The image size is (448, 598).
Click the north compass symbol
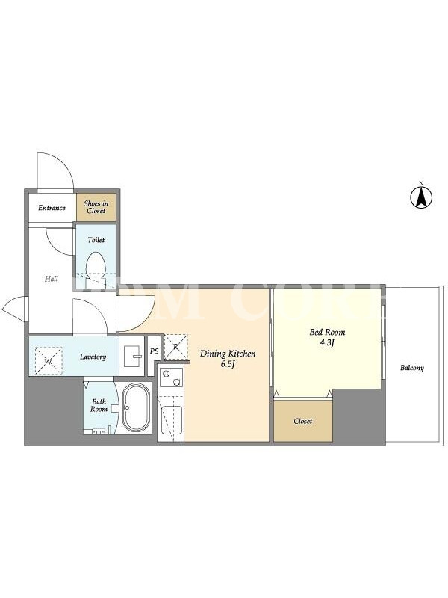point(421,195)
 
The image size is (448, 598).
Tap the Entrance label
point(52,208)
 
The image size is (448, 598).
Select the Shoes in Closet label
point(96,207)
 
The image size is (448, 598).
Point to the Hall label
point(52,279)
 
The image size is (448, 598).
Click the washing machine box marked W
point(49,361)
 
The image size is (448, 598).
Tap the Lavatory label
point(93,357)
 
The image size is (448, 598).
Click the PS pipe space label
point(154,351)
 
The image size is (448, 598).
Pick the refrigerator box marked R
point(176,347)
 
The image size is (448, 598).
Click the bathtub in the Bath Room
point(137,407)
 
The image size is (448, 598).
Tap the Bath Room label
point(99,405)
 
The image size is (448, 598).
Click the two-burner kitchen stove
point(172,377)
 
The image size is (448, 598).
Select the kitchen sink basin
point(172,420)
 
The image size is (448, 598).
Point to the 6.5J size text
point(228,364)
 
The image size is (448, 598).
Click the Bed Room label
point(327,332)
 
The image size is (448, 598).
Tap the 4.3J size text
point(327,342)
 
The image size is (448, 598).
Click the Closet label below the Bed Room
point(303,421)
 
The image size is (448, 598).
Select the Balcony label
point(412,368)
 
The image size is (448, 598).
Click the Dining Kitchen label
point(228,354)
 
